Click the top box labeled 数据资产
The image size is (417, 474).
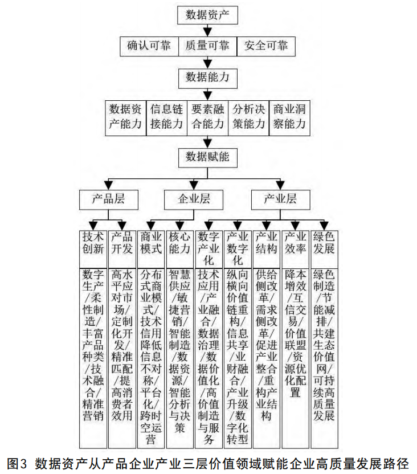click(207, 15)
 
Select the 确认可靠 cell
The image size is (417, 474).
click(149, 46)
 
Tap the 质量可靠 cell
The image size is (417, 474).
click(207, 46)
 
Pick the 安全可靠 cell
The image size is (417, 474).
click(266, 46)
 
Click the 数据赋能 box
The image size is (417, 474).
click(207, 156)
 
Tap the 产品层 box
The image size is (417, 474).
click(108, 199)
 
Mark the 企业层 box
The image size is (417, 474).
click(194, 199)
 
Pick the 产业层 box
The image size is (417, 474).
click(280, 199)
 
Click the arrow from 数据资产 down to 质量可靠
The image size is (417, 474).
click(207, 31)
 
